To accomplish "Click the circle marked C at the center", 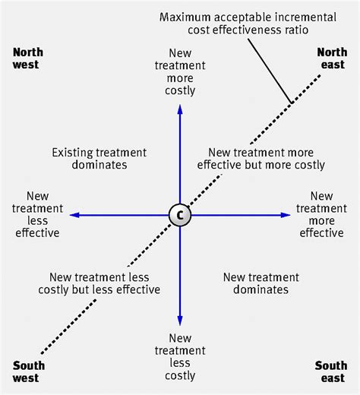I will [180, 215].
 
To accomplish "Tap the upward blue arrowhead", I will [180, 109].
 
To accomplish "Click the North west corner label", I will [28, 58].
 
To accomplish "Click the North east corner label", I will [331, 58].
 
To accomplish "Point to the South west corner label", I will [28, 371].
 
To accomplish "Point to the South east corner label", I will [331, 371].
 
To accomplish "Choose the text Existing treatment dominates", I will [99, 158].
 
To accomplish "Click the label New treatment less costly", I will [181, 357].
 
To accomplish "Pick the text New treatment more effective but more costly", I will [261, 159].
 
